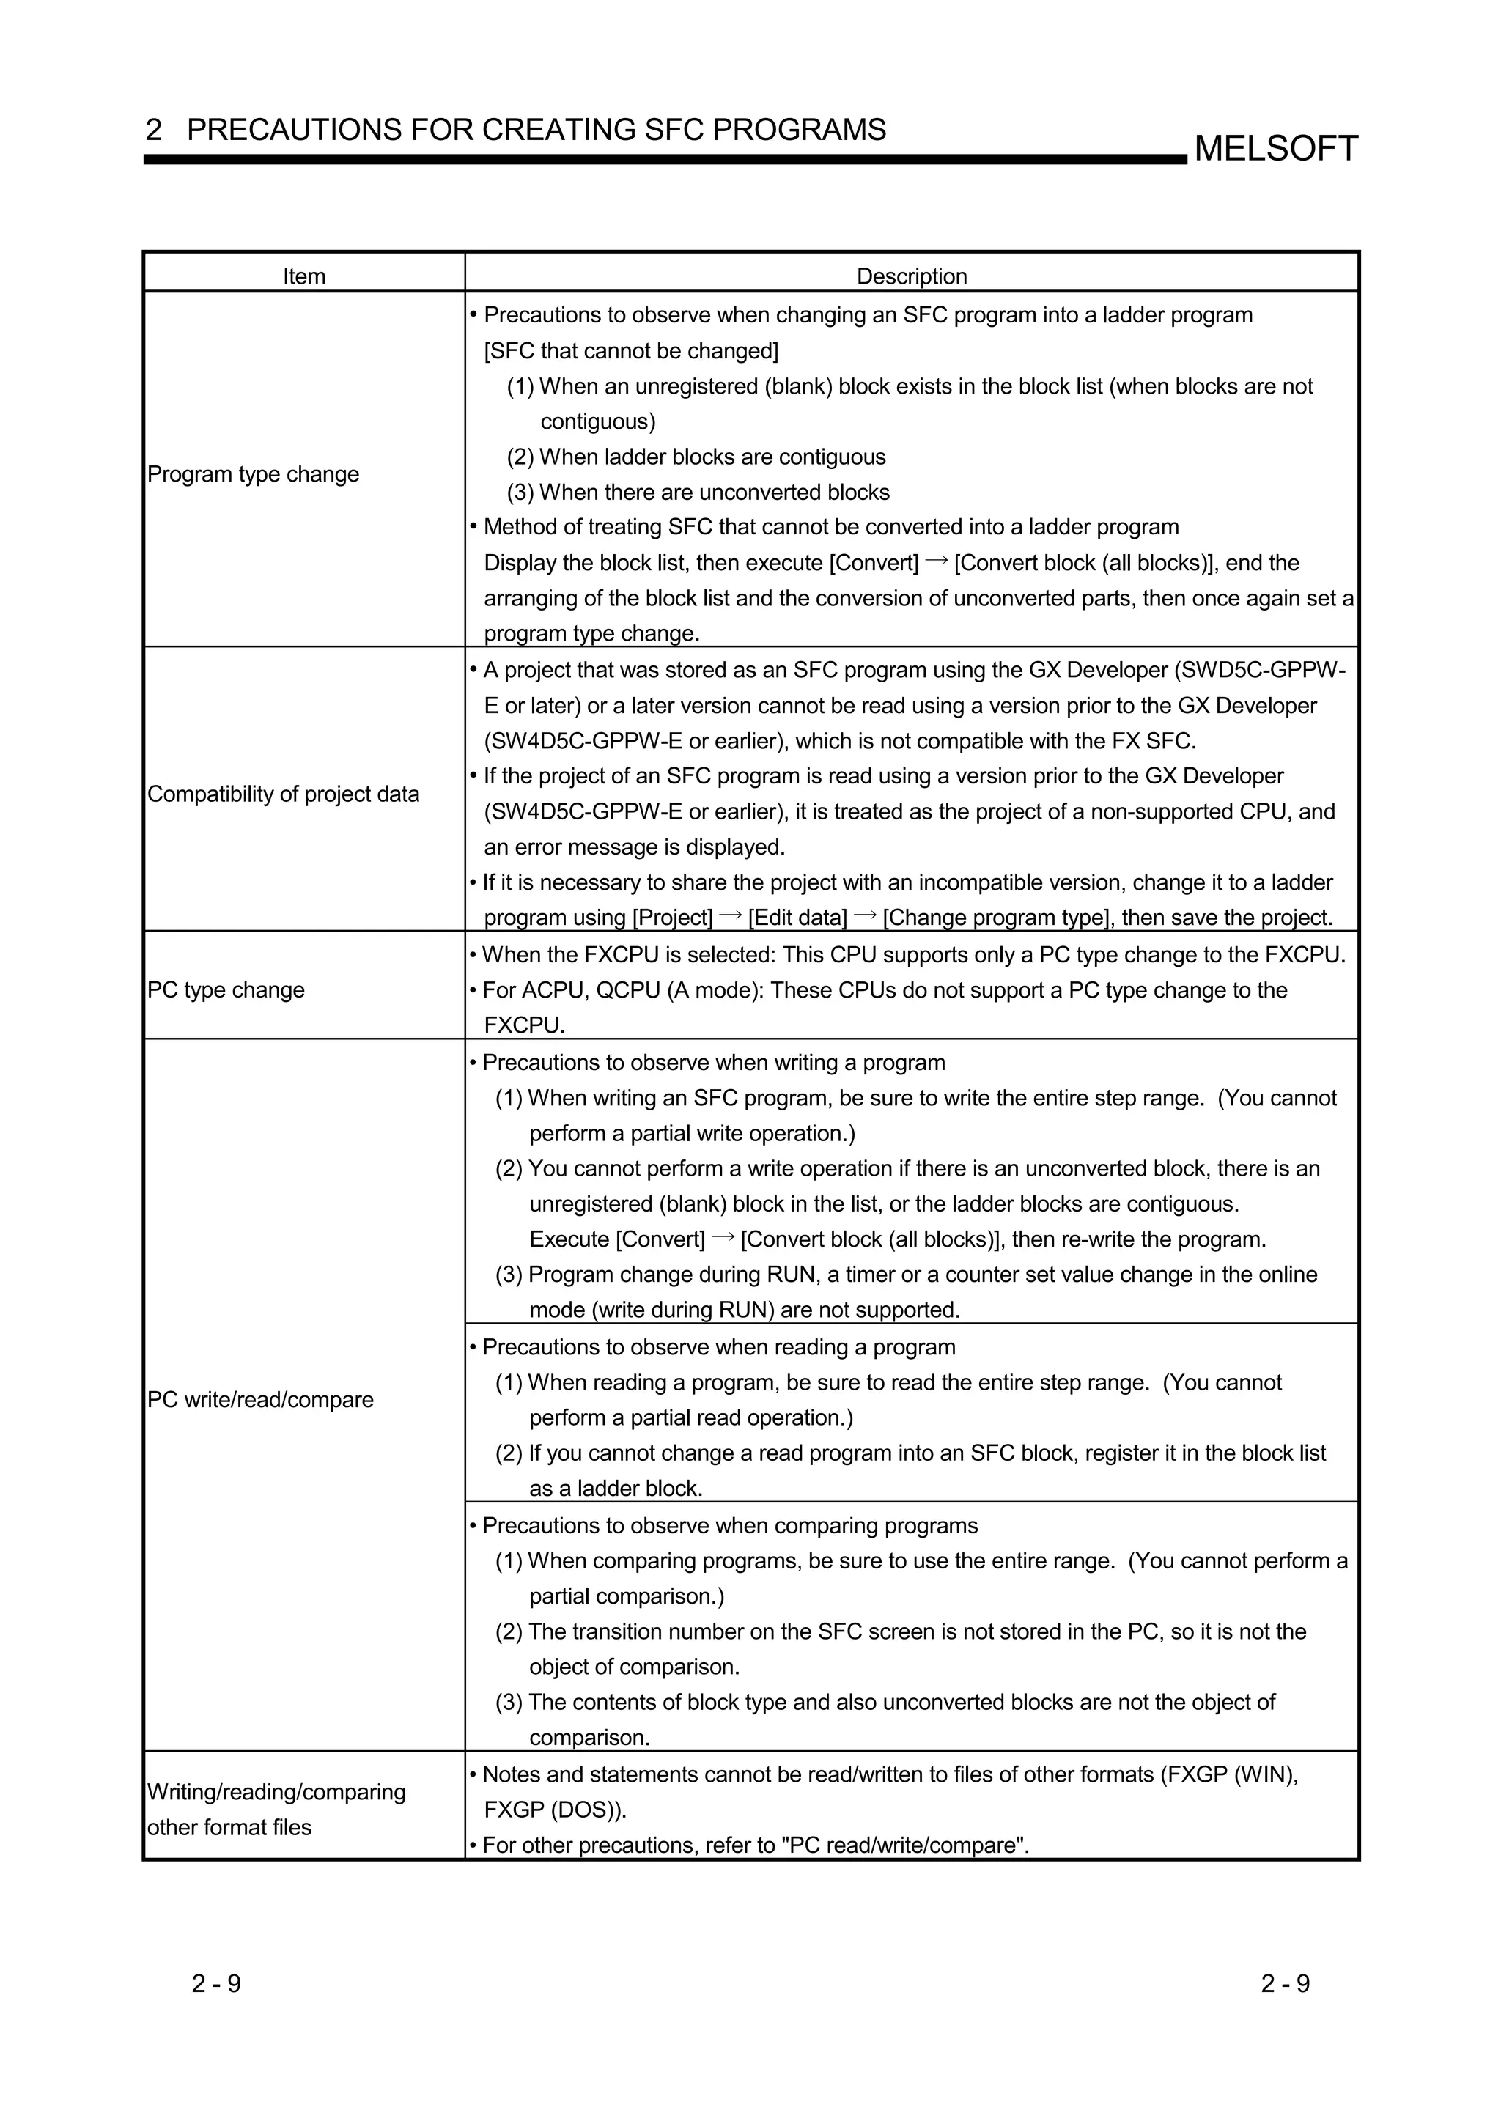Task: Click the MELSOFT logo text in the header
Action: tap(1275, 148)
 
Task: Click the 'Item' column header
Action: tap(303, 276)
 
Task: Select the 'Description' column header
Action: tap(911, 276)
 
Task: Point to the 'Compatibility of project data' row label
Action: tap(283, 794)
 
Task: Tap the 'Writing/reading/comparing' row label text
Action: tap(276, 1791)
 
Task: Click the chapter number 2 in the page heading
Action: tap(153, 130)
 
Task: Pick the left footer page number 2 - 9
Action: tap(216, 1983)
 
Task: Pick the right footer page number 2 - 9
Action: tap(1285, 1983)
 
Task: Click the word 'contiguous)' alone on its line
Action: tap(597, 422)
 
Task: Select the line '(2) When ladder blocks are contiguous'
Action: tap(696, 457)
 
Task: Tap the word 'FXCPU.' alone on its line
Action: tap(523, 1025)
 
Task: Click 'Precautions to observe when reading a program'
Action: tap(718, 1347)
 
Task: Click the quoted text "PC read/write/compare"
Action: tap(904, 1845)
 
